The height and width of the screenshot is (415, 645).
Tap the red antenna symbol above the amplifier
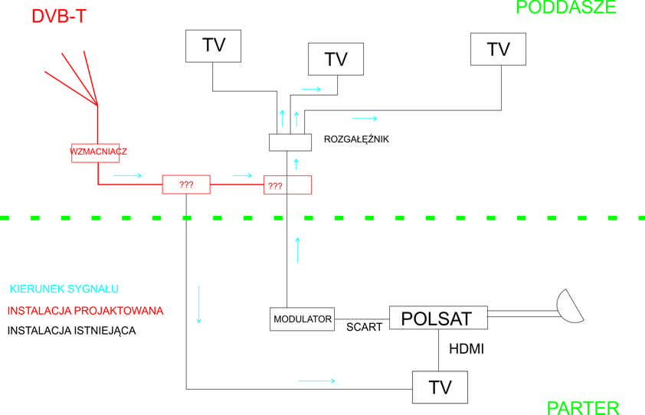(x=73, y=77)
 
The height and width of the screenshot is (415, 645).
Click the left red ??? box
(x=185, y=185)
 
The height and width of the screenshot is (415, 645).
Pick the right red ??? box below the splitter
(x=287, y=185)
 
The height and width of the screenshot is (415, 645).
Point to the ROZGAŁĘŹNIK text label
(x=357, y=139)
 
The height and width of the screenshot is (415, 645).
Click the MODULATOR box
(x=303, y=319)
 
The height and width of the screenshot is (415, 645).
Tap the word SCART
(x=364, y=327)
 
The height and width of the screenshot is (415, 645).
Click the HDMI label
(x=466, y=349)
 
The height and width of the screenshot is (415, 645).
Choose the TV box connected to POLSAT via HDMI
(x=440, y=387)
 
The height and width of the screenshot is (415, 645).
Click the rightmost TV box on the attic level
(x=498, y=49)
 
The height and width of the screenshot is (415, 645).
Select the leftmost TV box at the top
(x=214, y=45)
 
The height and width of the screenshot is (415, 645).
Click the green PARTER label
(x=582, y=407)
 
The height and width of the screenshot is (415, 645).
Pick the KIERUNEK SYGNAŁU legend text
(x=64, y=289)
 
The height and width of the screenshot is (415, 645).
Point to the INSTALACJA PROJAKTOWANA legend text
(x=85, y=311)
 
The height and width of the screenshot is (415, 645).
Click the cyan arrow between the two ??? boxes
(x=242, y=175)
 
